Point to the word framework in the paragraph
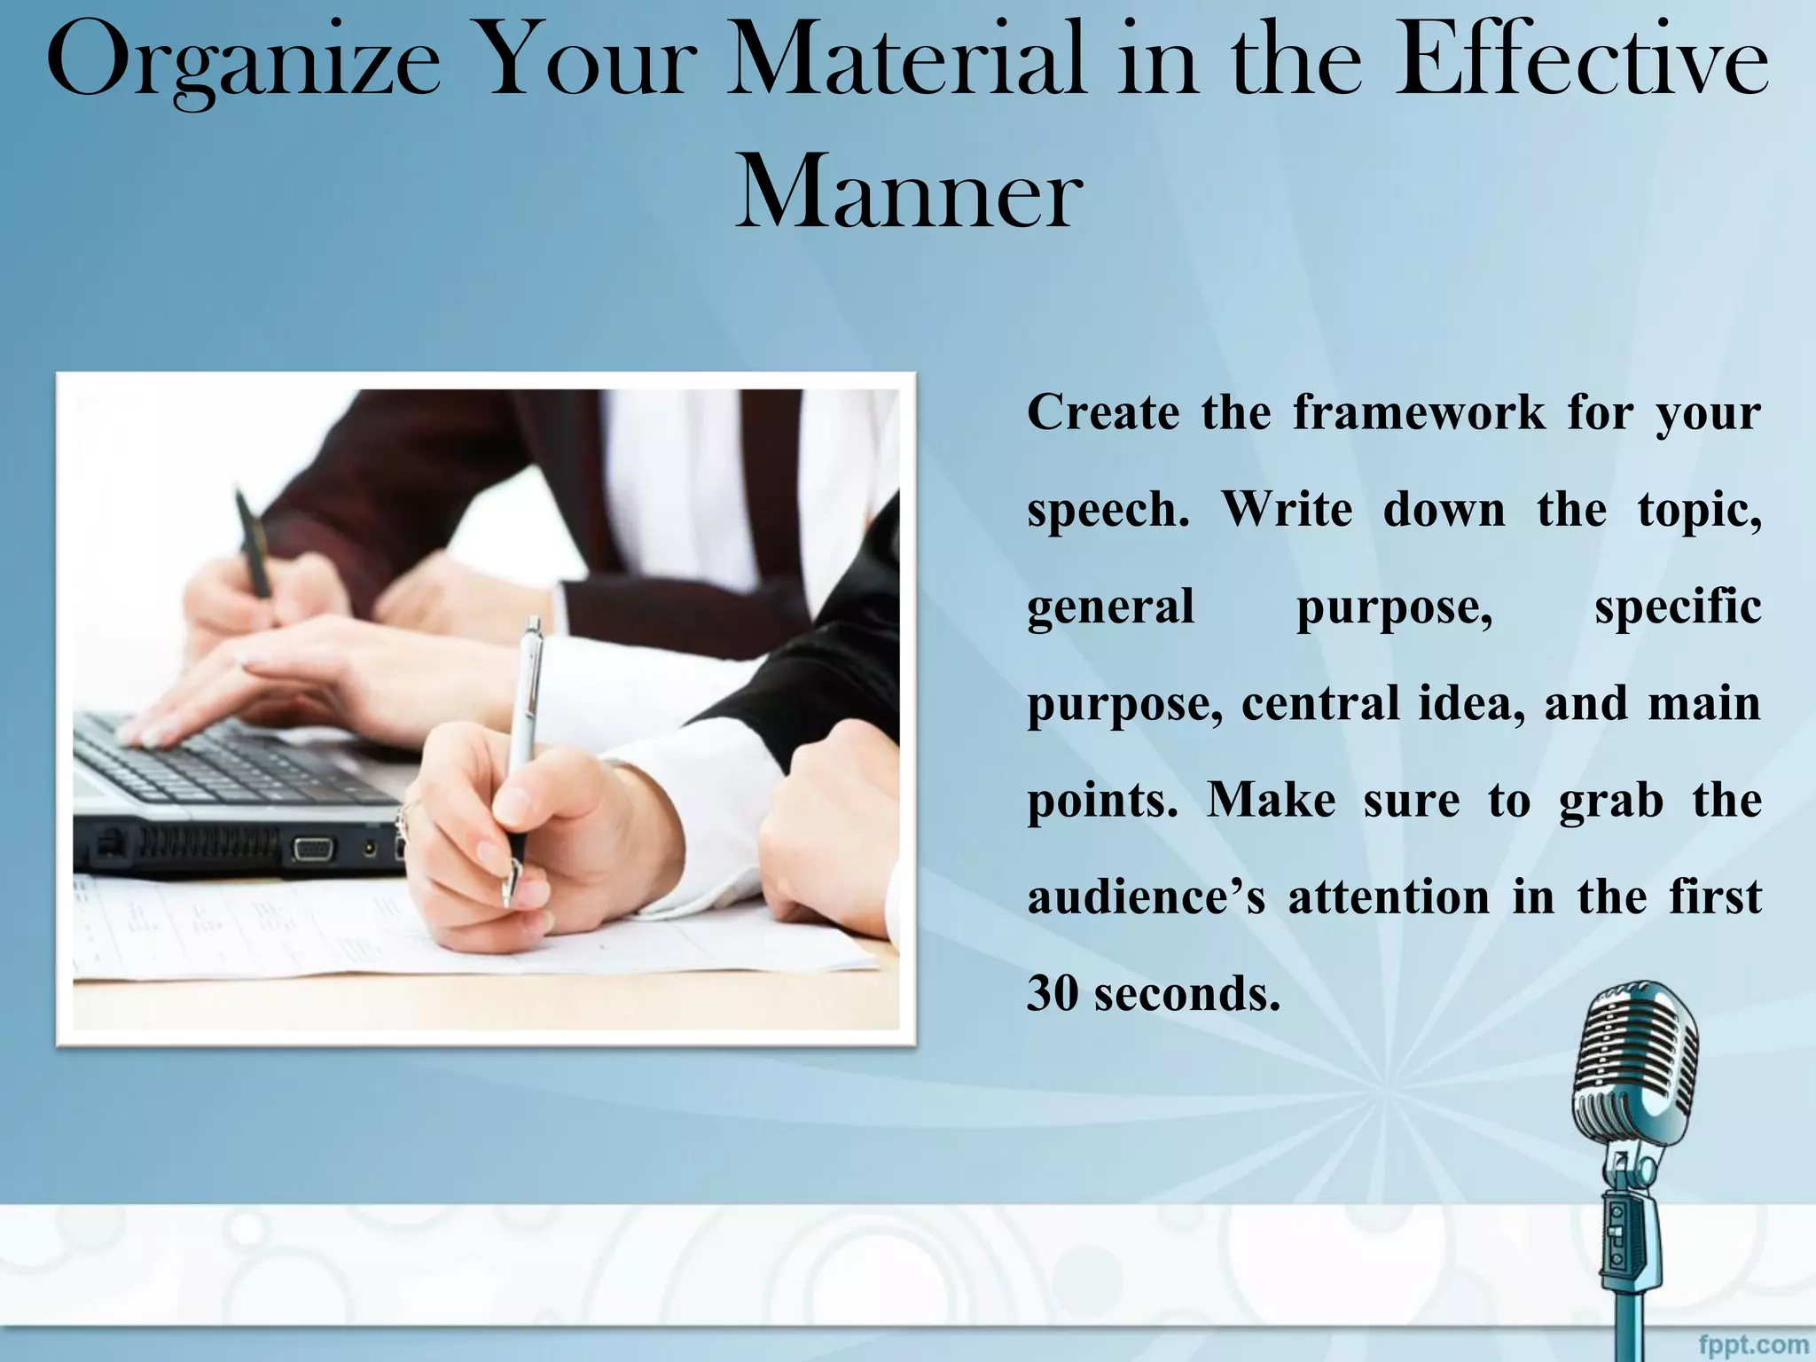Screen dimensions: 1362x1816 coord(1418,413)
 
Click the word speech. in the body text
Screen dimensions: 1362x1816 coord(1108,511)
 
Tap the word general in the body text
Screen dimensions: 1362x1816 coord(1110,608)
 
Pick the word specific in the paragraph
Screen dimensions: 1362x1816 coord(1678,608)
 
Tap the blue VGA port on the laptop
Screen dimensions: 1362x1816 coord(311,849)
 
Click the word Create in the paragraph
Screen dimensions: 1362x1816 coord(1103,413)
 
